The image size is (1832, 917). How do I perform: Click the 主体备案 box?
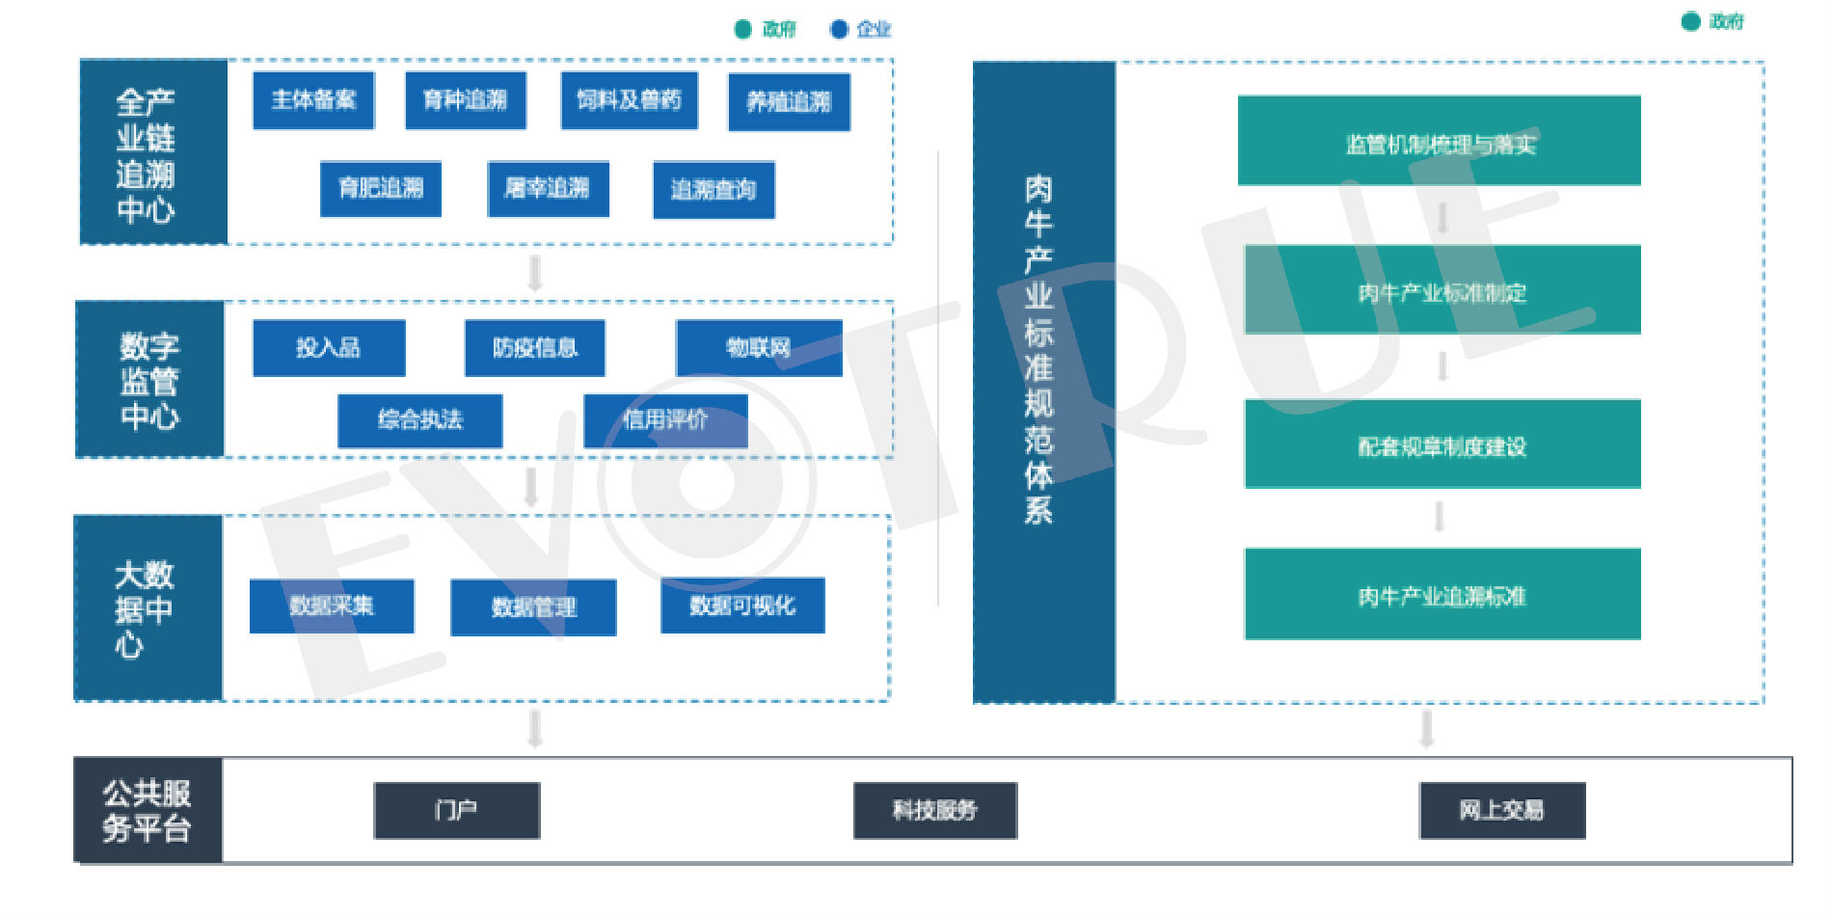(313, 100)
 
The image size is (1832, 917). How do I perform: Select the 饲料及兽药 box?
(629, 100)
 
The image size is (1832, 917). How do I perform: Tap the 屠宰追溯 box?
(548, 189)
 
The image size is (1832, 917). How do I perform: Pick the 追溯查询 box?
(714, 190)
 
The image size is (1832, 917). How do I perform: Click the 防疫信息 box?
(534, 348)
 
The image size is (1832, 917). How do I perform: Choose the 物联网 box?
(759, 348)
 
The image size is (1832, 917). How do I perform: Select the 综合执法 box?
(419, 420)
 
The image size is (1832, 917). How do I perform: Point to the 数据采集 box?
(332, 606)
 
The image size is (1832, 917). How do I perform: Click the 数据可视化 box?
(742, 606)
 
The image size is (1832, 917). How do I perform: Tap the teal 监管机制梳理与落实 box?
(1439, 141)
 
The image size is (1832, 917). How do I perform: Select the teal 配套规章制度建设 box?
(1442, 445)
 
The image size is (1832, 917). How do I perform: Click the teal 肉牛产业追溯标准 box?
(1442, 594)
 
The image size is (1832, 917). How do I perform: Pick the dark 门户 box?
(456, 810)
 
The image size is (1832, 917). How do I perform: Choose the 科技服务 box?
(934, 810)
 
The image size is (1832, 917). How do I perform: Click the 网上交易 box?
(1501, 810)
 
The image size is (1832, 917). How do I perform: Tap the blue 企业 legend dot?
(839, 30)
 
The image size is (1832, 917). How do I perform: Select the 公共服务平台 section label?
(148, 810)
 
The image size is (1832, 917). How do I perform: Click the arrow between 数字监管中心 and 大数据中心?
(530, 487)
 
